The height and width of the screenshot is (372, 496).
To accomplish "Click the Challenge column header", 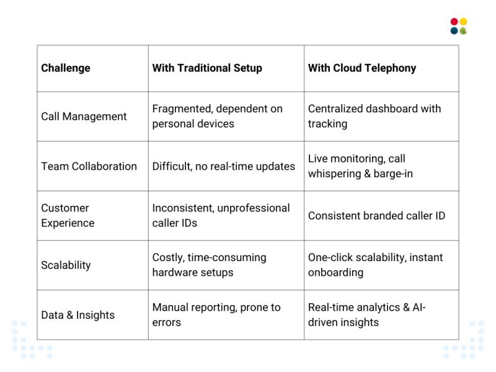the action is click(66, 68).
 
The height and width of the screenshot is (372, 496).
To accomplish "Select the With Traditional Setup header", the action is click(207, 68).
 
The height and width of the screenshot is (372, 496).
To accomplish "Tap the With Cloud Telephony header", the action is click(362, 68).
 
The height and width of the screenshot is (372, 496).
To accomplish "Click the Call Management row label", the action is click(84, 117).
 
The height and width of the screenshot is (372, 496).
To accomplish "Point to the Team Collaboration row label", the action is click(89, 166).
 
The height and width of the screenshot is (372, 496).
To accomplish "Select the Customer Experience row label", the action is click(68, 215).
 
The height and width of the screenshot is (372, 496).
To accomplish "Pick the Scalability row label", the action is click(66, 265).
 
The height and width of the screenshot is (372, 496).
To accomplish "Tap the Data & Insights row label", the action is click(77, 315).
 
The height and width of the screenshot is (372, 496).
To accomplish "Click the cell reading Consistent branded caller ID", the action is click(376, 216).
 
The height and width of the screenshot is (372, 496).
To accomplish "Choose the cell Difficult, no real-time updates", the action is click(223, 166).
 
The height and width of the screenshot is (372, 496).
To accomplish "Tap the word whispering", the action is click(339, 174).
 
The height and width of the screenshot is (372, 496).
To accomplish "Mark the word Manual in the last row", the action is click(170, 308).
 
